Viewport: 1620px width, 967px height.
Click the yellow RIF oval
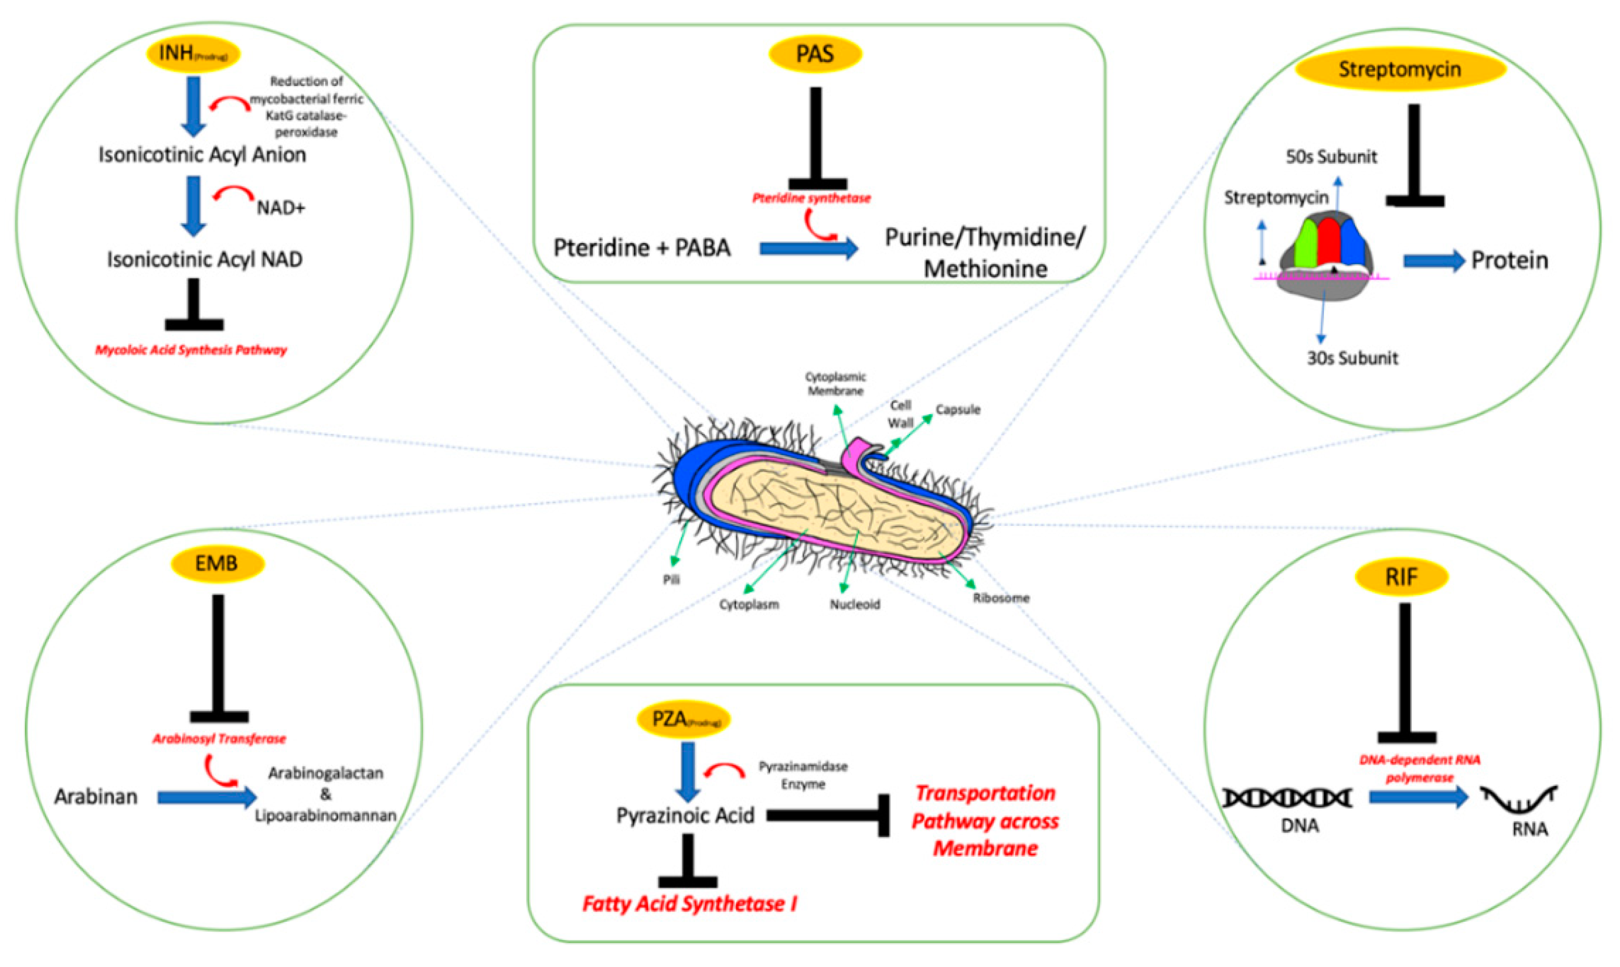1401,577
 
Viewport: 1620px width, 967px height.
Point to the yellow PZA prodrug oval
682,719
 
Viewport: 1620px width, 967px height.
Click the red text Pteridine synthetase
811,198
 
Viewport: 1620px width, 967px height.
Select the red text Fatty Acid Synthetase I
689,904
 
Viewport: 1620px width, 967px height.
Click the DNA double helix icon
1286,797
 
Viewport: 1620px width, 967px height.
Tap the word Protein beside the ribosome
1509,261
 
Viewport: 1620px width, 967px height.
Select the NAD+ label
280,208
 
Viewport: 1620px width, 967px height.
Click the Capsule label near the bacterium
958,410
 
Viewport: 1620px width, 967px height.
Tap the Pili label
672,579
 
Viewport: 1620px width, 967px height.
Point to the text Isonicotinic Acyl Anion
202,155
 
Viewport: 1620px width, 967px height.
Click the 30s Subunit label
1352,358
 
